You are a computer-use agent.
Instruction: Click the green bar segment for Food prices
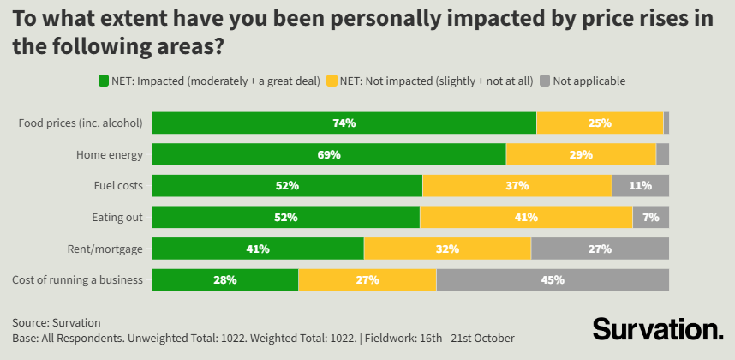coord(344,123)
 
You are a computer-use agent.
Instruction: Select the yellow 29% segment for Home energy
coord(581,154)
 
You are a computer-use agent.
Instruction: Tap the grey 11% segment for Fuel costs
coord(640,185)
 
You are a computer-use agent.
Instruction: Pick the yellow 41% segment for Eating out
coord(526,218)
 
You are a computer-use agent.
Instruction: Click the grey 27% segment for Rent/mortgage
coord(600,249)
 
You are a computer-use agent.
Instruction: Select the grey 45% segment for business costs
coord(553,280)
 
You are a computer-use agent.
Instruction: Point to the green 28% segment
coord(225,280)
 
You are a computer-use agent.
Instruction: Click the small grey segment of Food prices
coord(666,123)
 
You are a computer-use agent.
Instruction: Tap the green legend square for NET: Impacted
coord(104,81)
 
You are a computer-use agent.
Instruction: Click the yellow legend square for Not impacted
coord(331,81)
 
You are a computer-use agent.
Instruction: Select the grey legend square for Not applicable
coord(544,81)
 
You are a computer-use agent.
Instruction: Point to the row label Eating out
coord(117,218)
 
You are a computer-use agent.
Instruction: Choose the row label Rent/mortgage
coord(105,249)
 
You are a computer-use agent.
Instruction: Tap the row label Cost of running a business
coord(77,280)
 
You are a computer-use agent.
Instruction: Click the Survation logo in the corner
coord(658,329)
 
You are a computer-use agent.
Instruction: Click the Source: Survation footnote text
coord(57,322)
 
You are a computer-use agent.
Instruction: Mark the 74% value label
coord(344,123)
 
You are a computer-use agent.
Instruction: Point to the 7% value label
coord(651,218)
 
